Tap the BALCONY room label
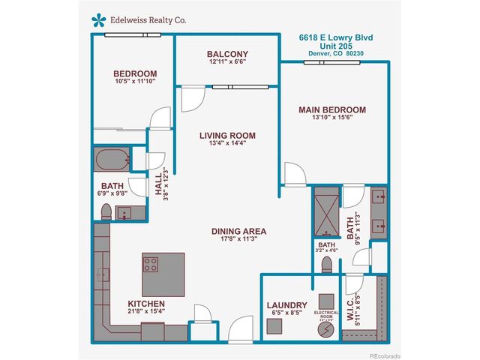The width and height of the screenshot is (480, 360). coord(227,55)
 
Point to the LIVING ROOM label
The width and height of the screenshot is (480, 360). coord(227,136)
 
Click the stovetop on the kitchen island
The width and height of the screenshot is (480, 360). coord(151,265)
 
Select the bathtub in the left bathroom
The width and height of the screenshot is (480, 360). coord(111,159)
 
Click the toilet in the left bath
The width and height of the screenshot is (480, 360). coord(106,211)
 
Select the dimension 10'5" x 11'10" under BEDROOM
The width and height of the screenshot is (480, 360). coord(135,81)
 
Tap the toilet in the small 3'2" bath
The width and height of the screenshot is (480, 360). coord(326,264)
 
